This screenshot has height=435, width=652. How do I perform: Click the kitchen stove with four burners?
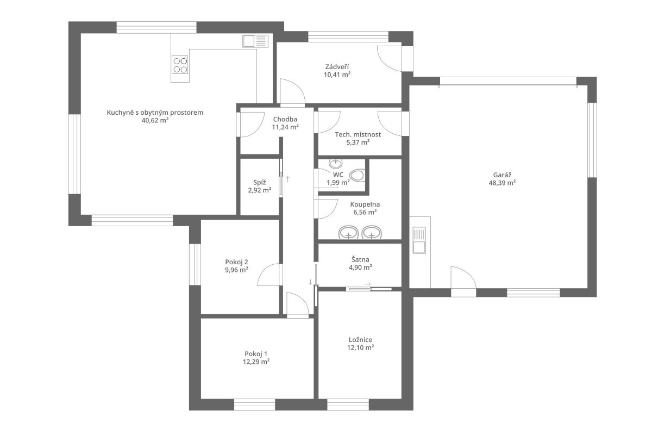(x=180, y=65)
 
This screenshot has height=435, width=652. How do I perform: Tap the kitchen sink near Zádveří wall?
(x=255, y=41)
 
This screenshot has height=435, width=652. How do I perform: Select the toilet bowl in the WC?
(x=356, y=176)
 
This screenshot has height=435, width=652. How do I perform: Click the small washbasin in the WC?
(x=336, y=164)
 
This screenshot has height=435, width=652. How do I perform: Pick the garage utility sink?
(x=419, y=240)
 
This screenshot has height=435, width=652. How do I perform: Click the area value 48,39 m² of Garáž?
(x=502, y=183)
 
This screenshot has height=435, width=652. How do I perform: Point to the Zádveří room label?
(x=337, y=67)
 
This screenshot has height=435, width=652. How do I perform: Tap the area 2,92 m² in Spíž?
(x=260, y=190)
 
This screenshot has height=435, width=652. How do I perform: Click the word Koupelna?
(x=365, y=204)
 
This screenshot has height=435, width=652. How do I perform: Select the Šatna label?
(x=360, y=259)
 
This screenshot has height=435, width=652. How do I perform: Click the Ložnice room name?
(x=360, y=340)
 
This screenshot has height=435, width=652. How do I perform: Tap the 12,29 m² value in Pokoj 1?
(x=256, y=362)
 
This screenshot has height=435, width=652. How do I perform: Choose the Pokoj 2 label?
(x=236, y=262)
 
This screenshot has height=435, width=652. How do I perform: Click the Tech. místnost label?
(x=358, y=135)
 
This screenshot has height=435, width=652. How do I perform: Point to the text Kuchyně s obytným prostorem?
(x=155, y=113)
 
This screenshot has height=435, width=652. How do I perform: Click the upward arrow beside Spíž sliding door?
(x=287, y=179)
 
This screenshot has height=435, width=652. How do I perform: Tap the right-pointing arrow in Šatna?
(x=368, y=284)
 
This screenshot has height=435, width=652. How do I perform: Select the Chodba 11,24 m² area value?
(x=285, y=127)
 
